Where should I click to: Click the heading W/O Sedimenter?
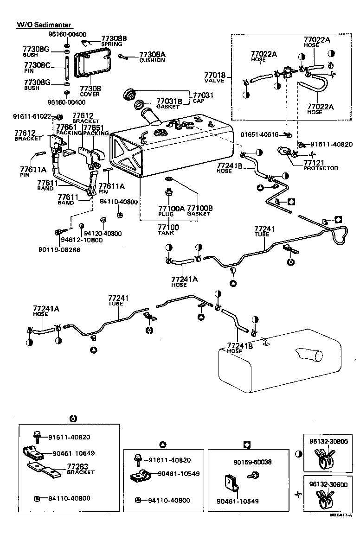(x=45, y=24)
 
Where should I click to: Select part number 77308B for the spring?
(x=114, y=38)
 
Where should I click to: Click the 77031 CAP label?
(x=203, y=95)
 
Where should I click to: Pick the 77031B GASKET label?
(x=168, y=102)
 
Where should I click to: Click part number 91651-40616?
(x=259, y=134)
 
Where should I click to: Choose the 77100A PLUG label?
(x=171, y=210)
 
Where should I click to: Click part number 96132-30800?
(x=328, y=441)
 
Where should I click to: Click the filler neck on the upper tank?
(x=151, y=115)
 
